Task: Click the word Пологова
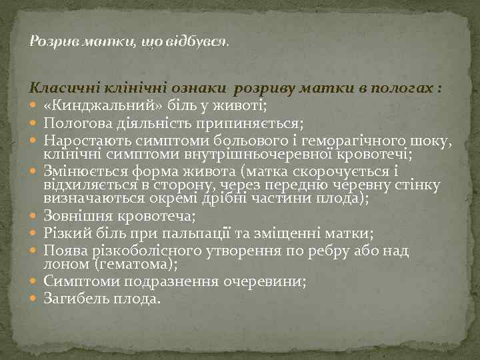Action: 73,123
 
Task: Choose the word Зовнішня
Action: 74,215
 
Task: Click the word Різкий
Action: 64,233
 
